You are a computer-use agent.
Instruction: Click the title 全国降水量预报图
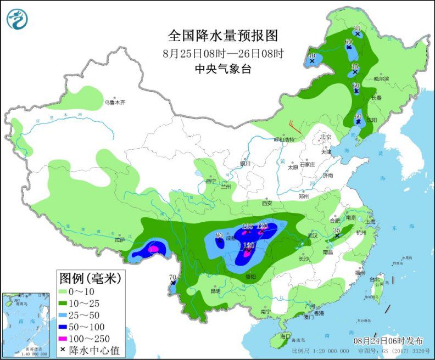[223, 36]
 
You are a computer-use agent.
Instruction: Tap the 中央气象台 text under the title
[223, 69]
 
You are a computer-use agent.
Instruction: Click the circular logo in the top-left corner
[17, 19]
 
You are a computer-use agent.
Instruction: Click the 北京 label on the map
[326, 137]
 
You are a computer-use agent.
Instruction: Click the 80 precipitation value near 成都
[219, 236]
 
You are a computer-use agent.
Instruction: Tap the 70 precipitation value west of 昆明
[172, 278]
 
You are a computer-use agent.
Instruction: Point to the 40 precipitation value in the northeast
[312, 56]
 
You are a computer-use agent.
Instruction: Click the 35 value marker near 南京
[337, 231]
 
